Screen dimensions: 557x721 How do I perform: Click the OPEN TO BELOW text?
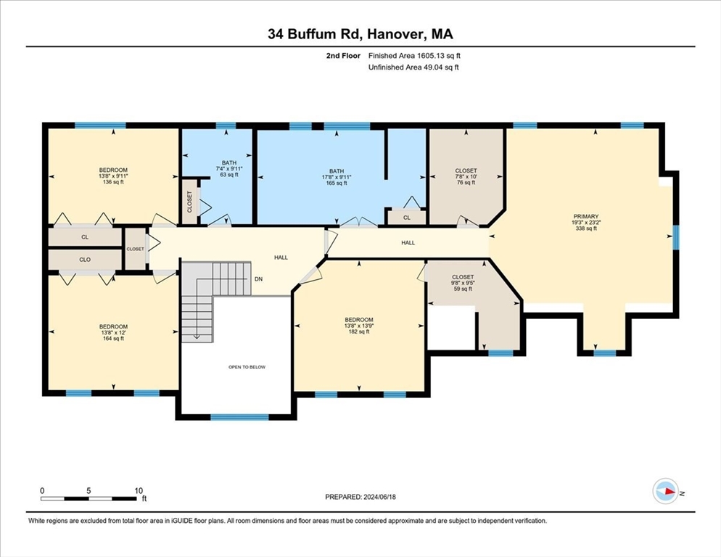click(247, 367)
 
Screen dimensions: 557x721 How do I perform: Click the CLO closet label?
click(85, 259)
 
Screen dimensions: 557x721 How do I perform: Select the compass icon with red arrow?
click(665, 491)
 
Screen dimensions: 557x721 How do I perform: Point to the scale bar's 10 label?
click(138, 490)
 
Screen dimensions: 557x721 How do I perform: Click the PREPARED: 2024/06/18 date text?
click(360, 497)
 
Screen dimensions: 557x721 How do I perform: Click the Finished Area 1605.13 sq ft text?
click(414, 55)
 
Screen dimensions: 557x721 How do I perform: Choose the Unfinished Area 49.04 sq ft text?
click(413, 67)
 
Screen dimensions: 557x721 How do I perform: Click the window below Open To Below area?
click(239, 417)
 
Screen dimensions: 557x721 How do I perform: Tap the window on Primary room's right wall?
click(676, 237)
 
